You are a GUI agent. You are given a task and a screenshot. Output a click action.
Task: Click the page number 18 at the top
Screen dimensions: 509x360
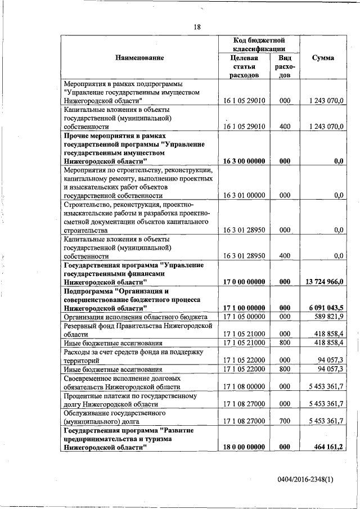tap(197, 26)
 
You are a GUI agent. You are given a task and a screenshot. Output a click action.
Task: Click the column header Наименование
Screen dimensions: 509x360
tap(139, 58)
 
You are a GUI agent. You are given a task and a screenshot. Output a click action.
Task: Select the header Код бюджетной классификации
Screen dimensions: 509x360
tap(259, 44)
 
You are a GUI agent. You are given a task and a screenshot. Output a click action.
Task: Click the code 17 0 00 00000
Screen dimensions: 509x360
tap(244, 281)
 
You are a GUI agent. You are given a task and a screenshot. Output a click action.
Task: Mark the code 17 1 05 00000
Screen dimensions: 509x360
tap(244, 317)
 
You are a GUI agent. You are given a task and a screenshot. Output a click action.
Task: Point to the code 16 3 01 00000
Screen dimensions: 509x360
tap(244, 195)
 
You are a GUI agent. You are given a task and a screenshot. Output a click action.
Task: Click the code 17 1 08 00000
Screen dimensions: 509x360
tap(244, 387)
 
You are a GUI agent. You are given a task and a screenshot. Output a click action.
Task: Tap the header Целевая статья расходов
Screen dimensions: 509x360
tap(244, 67)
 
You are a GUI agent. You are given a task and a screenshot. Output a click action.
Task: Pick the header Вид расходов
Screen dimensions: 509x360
tap(285, 67)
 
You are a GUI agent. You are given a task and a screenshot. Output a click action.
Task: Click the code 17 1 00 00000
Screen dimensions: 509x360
tap(244, 308)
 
